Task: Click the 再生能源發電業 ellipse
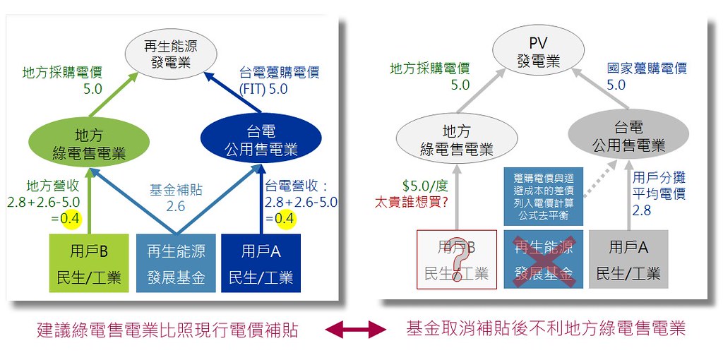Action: click(x=171, y=54)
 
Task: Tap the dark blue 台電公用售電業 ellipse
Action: click(x=261, y=139)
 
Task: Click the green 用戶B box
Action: click(x=89, y=263)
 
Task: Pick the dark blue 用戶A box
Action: click(x=261, y=263)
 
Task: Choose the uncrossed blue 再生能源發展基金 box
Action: click(x=176, y=263)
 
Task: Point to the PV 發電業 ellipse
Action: click(x=539, y=51)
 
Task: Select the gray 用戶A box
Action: click(x=628, y=259)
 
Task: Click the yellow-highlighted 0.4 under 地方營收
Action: click(x=71, y=219)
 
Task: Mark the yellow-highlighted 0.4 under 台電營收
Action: click(x=285, y=219)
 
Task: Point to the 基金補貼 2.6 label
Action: click(x=176, y=197)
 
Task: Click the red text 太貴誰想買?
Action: click(x=411, y=203)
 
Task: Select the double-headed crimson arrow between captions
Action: click(x=356, y=329)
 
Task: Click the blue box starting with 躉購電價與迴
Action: click(x=543, y=196)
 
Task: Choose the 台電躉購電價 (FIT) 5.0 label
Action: click(x=280, y=80)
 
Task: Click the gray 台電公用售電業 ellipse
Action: click(x=628, y=134)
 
